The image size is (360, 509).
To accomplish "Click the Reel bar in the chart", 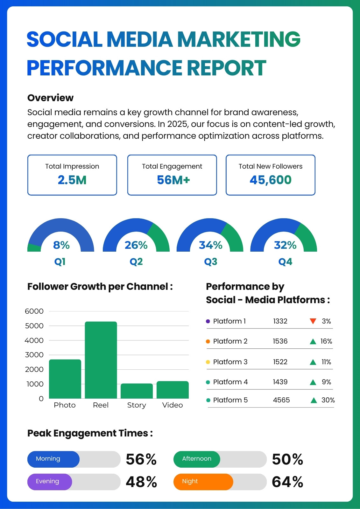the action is pyautogui.click(x=101, y=360).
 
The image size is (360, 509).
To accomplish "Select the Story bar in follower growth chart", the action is pyautogui.click(x=137, y=391).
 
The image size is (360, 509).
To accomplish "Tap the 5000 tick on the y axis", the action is pyautogui.click(x=34, y=326).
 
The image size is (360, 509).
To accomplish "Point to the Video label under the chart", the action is pyautogui.click(x=173, y=405).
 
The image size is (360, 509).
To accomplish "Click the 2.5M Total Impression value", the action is pyautogui.click(x=72, y=180).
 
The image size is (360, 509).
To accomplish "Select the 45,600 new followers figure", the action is pyautogui.click(x=271, y=180).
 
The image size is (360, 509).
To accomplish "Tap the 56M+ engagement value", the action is pyautogui.click(x=173, y=180).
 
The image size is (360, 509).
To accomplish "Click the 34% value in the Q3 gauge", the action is pyautogui.click(x=211, y=245).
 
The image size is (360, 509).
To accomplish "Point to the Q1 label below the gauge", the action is pyautogui.click(x=60, y=262).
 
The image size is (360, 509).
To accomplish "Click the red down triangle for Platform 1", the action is pyautogui.click(x=313, y=321).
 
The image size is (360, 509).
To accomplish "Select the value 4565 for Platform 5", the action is pyautogui.click(x=281, y=400).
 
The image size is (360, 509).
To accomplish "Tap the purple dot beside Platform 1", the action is pyautogui.click(x=208, y=321).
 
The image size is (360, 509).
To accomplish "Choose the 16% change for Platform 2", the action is pyautogui.click(x=326, y=341).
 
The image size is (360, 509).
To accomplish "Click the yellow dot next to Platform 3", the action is pyautogui.click(x=208, y=362).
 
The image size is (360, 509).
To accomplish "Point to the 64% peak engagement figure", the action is pyautogui.click(x=287, y=482).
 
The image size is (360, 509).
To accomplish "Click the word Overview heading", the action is pyautogui.click(x=51, y=98).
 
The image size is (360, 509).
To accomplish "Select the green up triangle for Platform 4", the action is pyautogui.click(x=313, y=382).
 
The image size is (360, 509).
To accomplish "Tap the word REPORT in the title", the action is pyautogui.click(x=226, y=67).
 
